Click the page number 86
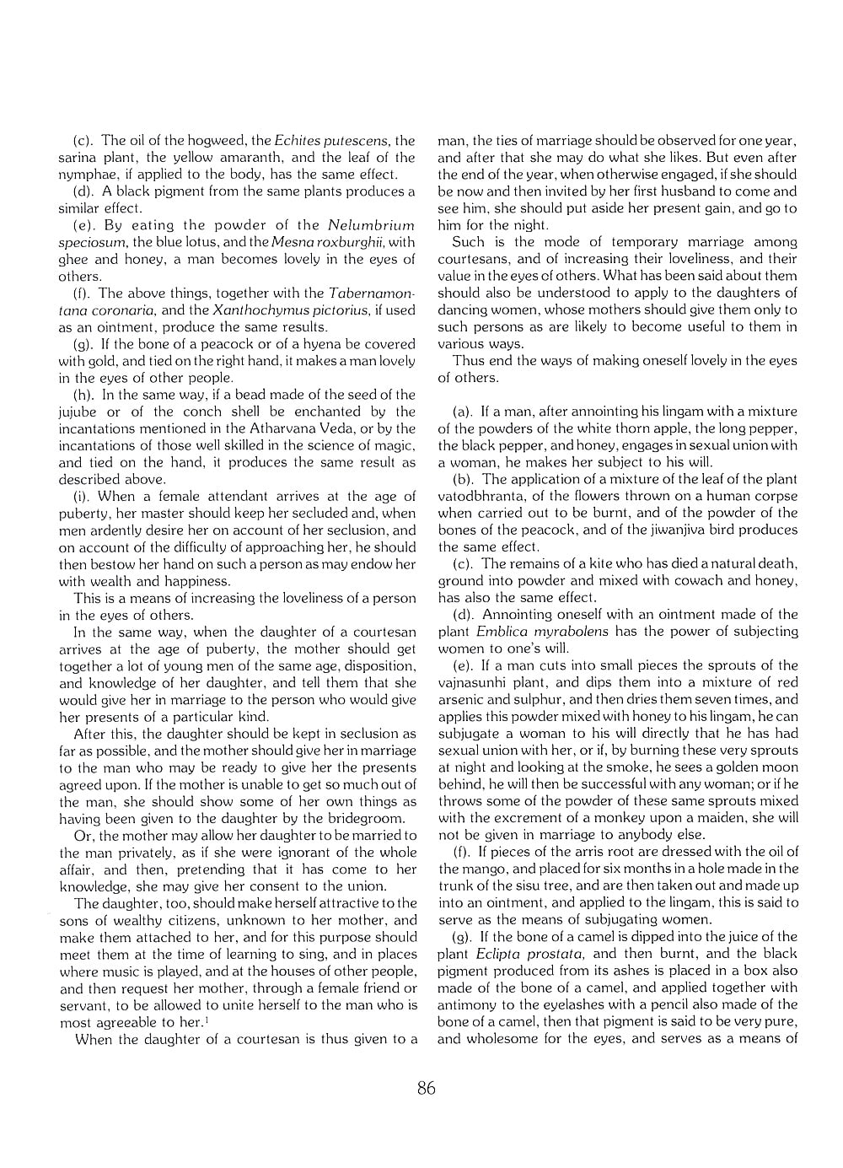click(427, 1089)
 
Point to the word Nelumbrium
click(371, 225)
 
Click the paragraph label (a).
click(462, 412)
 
